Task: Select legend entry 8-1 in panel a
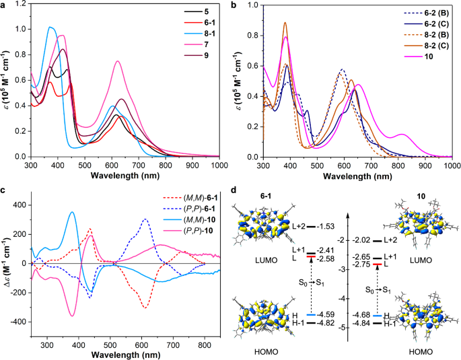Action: click(204, 34)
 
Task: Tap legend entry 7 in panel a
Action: click(200, 45)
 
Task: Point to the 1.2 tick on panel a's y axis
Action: click(20, 4)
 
